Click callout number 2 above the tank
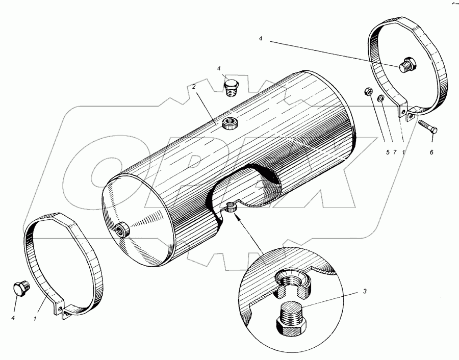point(194,87)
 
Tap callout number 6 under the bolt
point(431,152)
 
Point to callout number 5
point(388,152)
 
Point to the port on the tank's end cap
point(123,230)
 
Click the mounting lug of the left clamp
point(63,311)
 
